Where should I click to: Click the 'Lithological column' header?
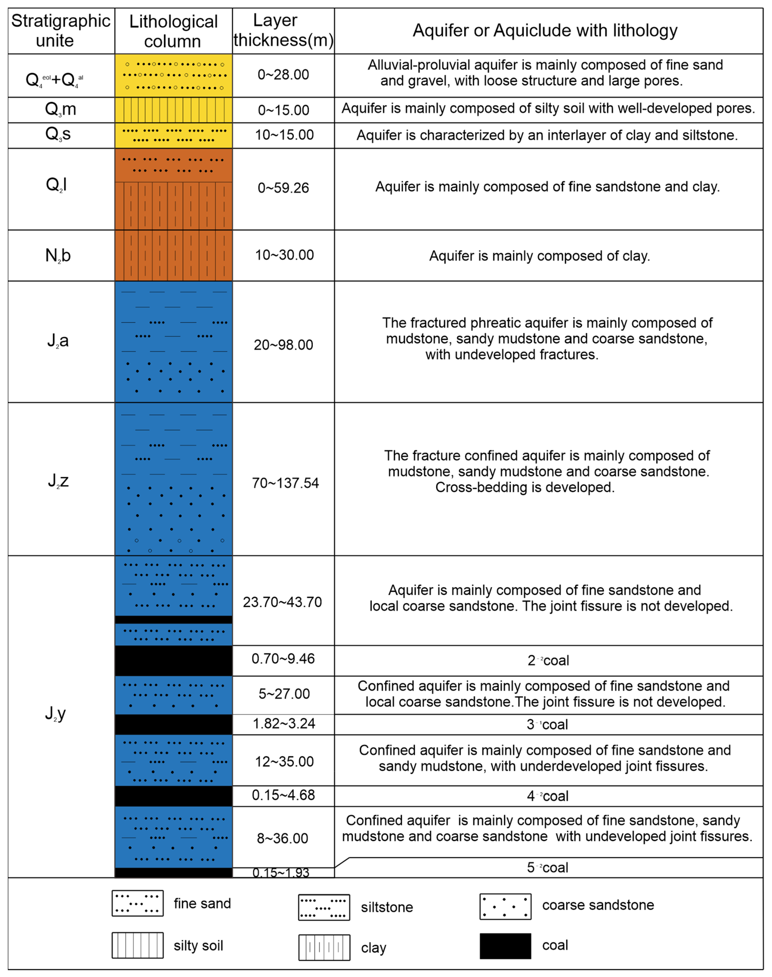(x=173, y=31)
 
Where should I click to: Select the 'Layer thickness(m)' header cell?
(x=283, y=30)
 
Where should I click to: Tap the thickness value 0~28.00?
(x=283, y=75)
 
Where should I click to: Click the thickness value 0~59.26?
(x=283, y=188)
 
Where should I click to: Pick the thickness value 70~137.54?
(x=285, y=483)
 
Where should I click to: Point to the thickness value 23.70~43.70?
(x=282, y=602)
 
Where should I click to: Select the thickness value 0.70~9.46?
(x=283, y=659)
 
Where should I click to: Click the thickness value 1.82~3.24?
(x=284, y=724)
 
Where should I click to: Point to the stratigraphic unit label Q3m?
(x=61, y=109)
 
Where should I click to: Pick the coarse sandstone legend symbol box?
(x=505, y=906)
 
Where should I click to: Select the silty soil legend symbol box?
(x=137, y=945)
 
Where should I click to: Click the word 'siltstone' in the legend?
(x=387, y=907)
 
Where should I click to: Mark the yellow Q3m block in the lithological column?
(x=173, y=110)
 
